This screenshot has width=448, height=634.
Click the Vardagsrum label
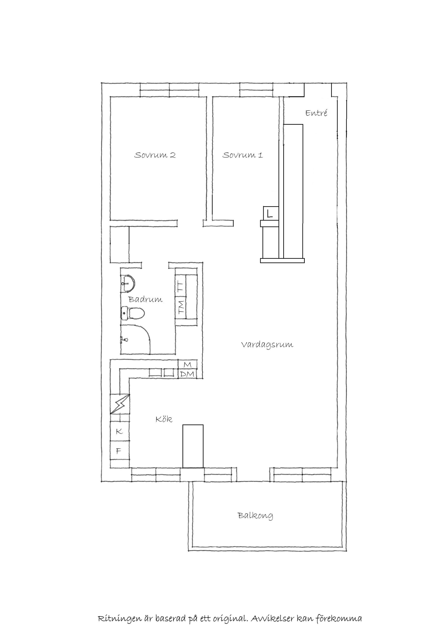(x=267, y=345)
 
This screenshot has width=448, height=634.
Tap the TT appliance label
(x=181, y=286)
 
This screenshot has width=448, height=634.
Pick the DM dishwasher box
(x=188, y=374)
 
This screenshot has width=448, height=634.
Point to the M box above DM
(x=188, y=365)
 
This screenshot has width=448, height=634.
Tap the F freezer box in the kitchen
(x=120, y=451)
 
